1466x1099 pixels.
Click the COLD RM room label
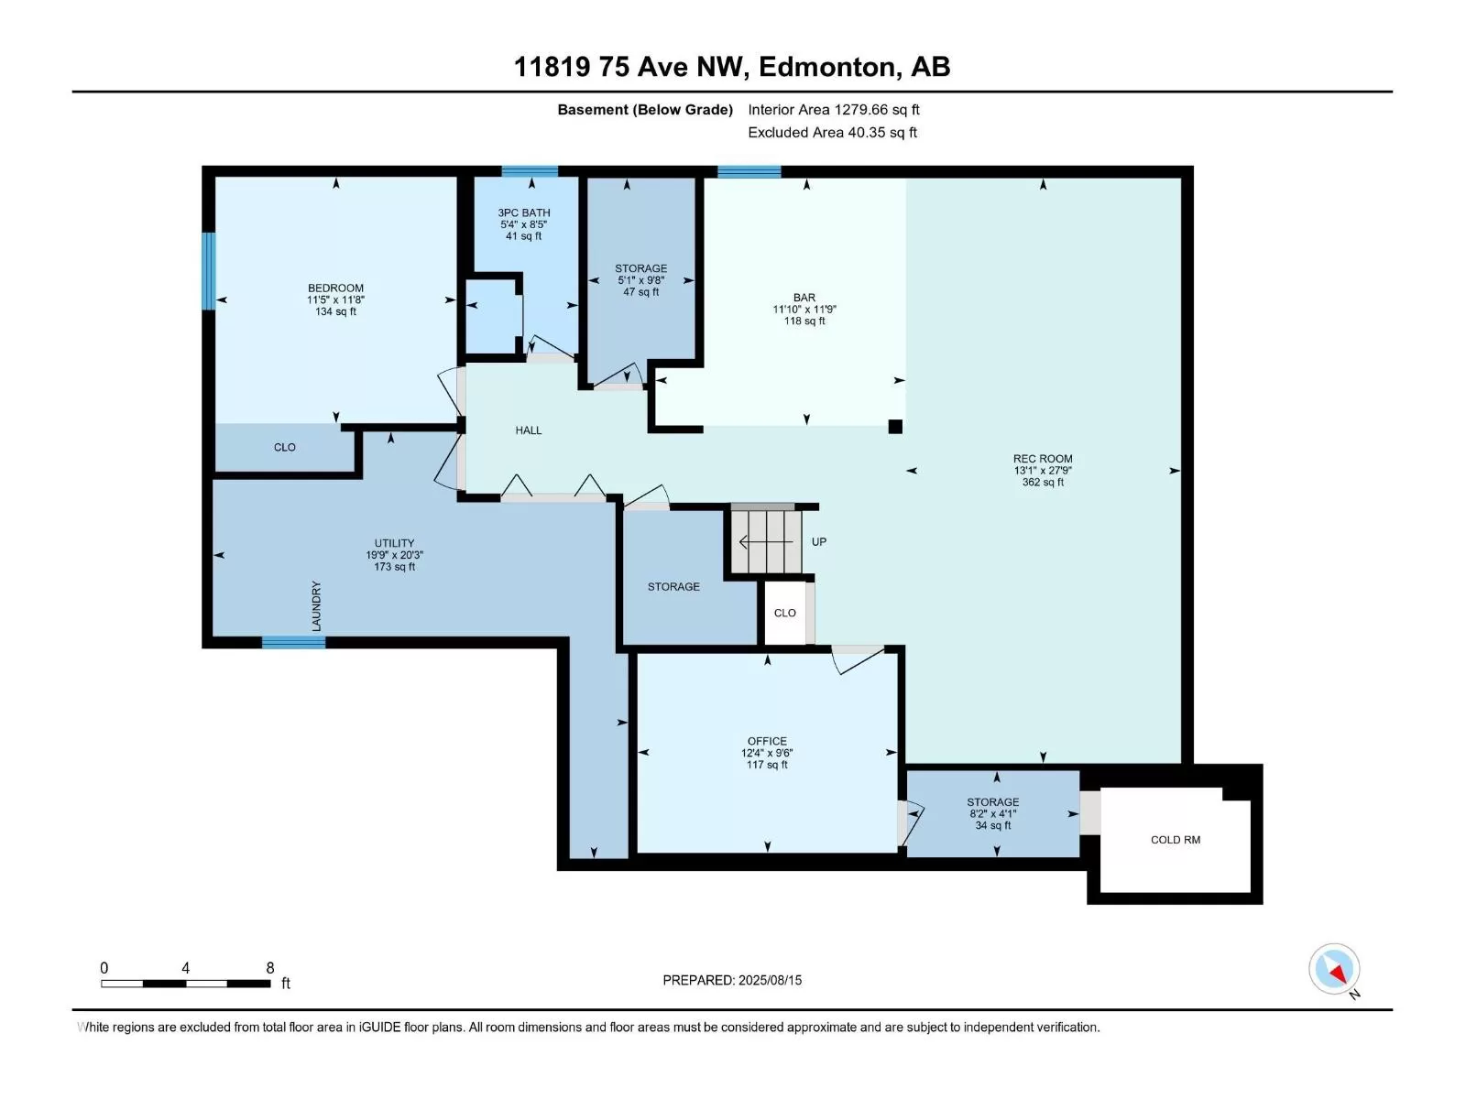pos(1175,840)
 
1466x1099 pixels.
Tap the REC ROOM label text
pos(1043,459)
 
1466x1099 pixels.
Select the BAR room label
pos(804,298)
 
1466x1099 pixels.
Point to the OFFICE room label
pos(767,741)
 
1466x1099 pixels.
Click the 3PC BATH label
pos(523,212)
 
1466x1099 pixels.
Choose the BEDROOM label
pos(335,288)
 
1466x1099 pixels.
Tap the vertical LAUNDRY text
pos(317,606)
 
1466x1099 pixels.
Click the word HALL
pos(529,430)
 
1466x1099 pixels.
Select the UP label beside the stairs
pos(819,542)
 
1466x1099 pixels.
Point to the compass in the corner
pos(1334,969)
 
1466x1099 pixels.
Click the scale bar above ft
pos(186,984)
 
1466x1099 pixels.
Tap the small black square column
pos(895,427)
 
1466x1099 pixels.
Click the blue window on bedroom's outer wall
pos(209,271)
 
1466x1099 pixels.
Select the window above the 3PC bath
pos(530,171)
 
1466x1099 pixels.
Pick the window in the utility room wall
pos(293,642)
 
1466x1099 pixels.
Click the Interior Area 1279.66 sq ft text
pos(834,109)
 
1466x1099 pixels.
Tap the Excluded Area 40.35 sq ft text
pos(832,132)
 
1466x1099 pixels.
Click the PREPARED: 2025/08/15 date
pos(732,980)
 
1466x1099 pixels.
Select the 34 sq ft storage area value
pos(993,825)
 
